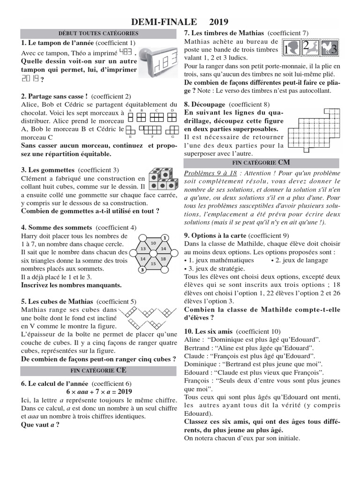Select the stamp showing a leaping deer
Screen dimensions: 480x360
310,48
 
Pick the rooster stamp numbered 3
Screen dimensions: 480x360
329,48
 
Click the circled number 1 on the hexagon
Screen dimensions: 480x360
165,237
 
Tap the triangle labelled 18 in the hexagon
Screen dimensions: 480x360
163,259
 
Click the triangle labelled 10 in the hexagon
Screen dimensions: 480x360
153,243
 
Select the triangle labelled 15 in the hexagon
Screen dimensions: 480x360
153,264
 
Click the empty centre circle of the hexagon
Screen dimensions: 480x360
153,254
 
